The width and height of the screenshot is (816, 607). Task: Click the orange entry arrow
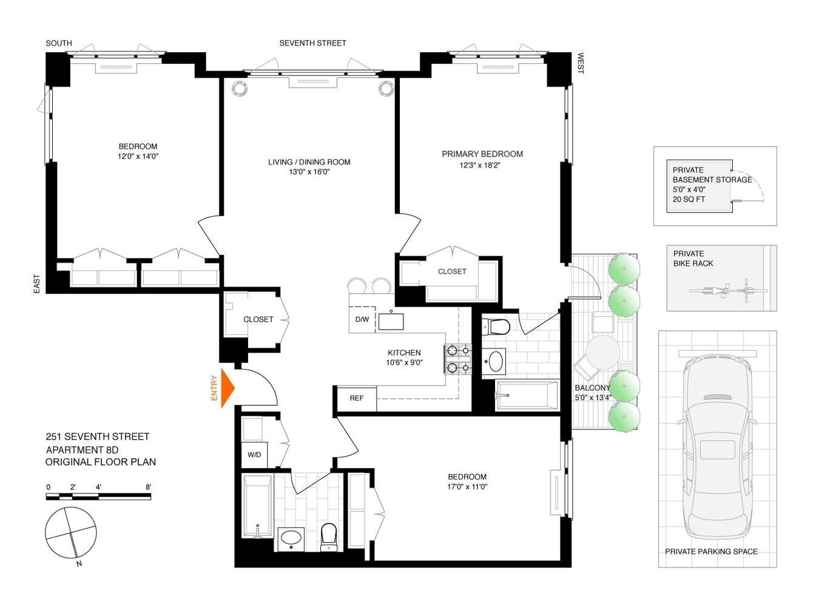227,387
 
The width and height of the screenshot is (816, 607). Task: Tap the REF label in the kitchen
357,398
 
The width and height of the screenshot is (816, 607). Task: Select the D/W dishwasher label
362,319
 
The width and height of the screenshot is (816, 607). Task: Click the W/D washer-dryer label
254,455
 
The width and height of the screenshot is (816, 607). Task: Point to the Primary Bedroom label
482,154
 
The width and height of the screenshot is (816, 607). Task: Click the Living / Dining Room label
309,162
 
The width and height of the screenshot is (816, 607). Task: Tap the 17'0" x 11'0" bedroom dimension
467,487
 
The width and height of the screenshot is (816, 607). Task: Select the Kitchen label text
404,353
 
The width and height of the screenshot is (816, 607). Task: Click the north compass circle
71,533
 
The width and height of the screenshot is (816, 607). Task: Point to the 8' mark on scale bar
148,487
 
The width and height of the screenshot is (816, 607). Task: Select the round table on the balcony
603,352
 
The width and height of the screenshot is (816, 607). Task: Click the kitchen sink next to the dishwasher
391,321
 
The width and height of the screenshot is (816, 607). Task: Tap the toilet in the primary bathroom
498,327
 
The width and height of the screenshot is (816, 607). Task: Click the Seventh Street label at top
312,43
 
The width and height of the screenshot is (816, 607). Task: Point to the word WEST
580,63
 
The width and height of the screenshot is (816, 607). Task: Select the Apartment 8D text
82,450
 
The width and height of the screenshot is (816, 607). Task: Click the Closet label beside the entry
258,319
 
